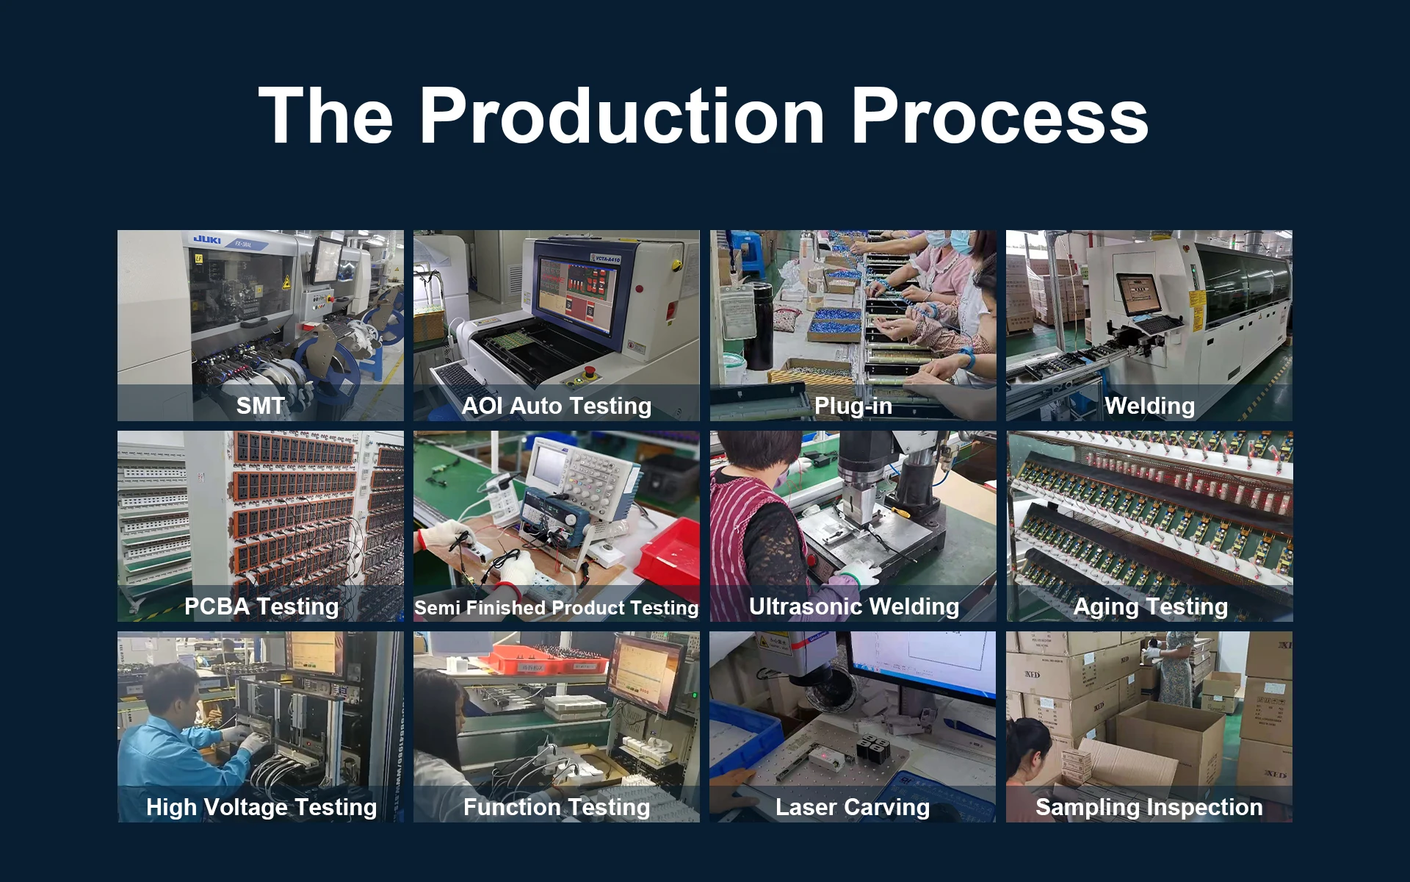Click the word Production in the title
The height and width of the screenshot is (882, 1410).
coord(622,116)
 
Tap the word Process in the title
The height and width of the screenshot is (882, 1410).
coord(999,116)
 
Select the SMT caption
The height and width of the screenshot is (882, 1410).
coord(261,406)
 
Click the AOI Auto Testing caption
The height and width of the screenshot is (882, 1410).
coord(557,406)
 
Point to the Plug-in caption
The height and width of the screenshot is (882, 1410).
coord(853,406)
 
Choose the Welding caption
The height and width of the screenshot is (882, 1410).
coord(1150,406)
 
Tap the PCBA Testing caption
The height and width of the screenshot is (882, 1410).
coord(261,606)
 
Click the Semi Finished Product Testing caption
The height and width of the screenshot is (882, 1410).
coord(557,607)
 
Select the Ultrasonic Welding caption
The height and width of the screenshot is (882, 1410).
coord(854,606)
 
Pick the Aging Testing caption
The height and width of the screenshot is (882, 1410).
coord(1151,606)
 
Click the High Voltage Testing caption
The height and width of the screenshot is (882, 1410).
coord(261,807)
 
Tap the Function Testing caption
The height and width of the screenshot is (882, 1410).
coord(557,807)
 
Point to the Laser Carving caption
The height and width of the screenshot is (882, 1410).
coord(853,807)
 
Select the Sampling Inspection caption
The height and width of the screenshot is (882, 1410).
coord(1149,807)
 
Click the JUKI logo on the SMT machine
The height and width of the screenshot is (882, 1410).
coord(207,240)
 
